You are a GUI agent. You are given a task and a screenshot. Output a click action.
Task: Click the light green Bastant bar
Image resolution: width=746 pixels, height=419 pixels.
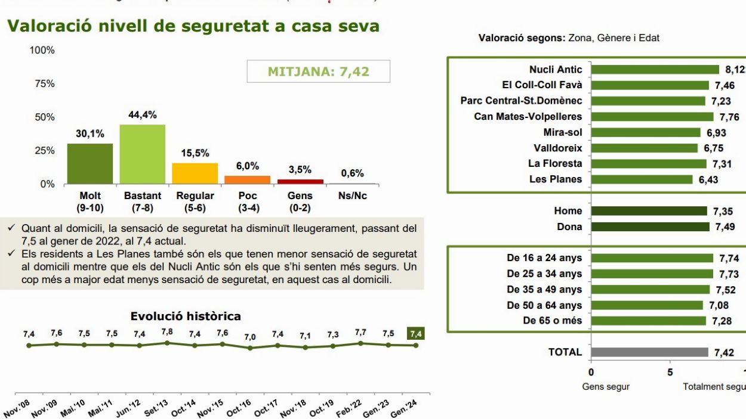point(142,154)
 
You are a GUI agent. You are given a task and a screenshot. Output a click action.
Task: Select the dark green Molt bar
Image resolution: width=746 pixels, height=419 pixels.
point(90,163)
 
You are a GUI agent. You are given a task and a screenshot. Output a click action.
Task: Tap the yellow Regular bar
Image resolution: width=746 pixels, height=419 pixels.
point(195,173)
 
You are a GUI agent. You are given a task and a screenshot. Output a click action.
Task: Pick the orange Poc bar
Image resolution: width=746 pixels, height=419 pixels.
point(247,179)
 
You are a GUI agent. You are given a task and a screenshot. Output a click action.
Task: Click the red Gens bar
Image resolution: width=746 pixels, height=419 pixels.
point(300,181)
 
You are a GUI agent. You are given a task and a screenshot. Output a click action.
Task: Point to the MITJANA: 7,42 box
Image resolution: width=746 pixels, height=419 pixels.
point(319,72)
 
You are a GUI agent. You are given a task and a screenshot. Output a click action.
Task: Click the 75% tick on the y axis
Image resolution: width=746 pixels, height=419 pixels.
point(42,83)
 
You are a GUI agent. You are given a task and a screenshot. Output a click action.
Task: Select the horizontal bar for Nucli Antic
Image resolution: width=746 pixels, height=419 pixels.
point(655,70)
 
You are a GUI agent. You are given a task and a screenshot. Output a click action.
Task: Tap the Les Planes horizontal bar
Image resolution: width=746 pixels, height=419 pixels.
point(642,179)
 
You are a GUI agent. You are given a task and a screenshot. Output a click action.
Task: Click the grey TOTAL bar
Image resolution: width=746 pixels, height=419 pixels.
point(649,352)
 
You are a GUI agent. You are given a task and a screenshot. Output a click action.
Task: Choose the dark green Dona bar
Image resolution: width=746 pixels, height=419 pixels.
point(650,226)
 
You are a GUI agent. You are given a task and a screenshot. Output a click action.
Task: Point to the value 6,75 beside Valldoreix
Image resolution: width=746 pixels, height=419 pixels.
point(714,148)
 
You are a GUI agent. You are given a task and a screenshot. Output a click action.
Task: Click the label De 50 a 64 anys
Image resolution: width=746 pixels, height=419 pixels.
point(544,305)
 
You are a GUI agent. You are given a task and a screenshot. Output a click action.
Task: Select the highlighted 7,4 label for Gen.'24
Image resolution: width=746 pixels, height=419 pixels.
point(416,334)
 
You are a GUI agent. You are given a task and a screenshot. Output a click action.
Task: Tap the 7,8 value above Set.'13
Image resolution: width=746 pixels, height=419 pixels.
point(167,331)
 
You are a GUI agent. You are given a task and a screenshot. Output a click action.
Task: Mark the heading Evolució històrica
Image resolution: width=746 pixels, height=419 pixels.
point(186,316)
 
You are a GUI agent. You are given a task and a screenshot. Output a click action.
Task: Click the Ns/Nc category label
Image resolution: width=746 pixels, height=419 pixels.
point(352,195)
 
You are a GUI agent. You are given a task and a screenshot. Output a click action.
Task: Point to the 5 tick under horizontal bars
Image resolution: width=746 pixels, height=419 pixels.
point(670,373)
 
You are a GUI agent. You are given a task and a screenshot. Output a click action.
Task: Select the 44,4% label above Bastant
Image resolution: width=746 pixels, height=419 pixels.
point(143,115)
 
